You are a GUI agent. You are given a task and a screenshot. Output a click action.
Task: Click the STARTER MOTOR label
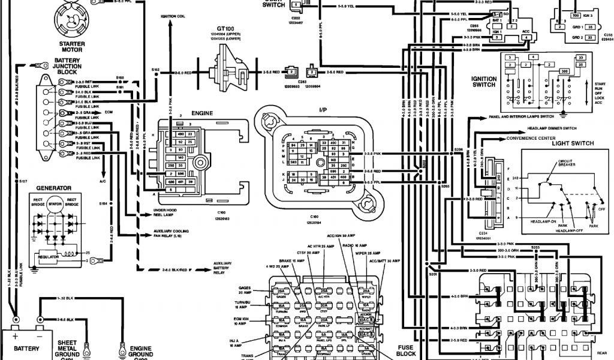[x=71, y=47]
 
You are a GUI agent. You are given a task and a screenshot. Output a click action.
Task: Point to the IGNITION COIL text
[x=173, y=16]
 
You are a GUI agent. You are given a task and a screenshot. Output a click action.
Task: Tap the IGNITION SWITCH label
[x=484, y=82]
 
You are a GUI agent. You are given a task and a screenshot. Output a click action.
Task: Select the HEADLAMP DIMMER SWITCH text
[x=552, y=128]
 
